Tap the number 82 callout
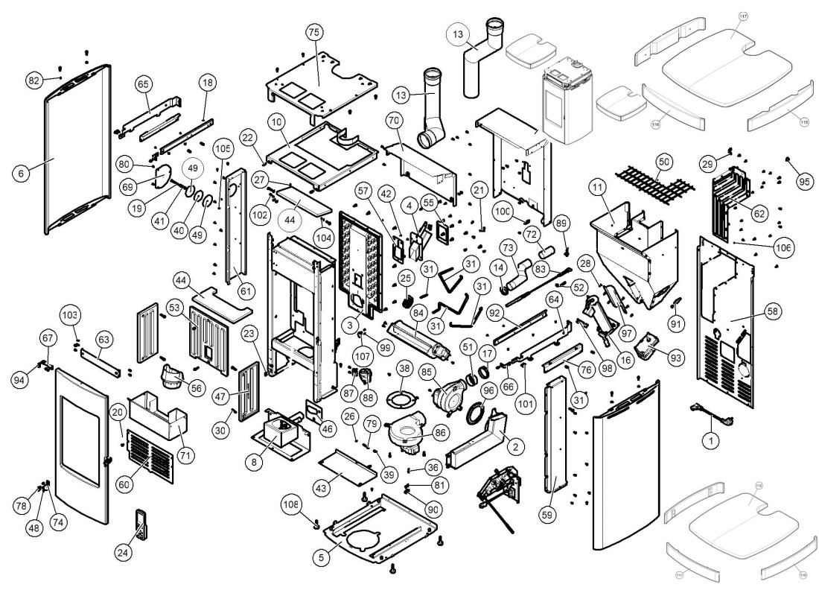(x=34, y=80)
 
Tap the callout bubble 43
(x=322, y=487)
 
